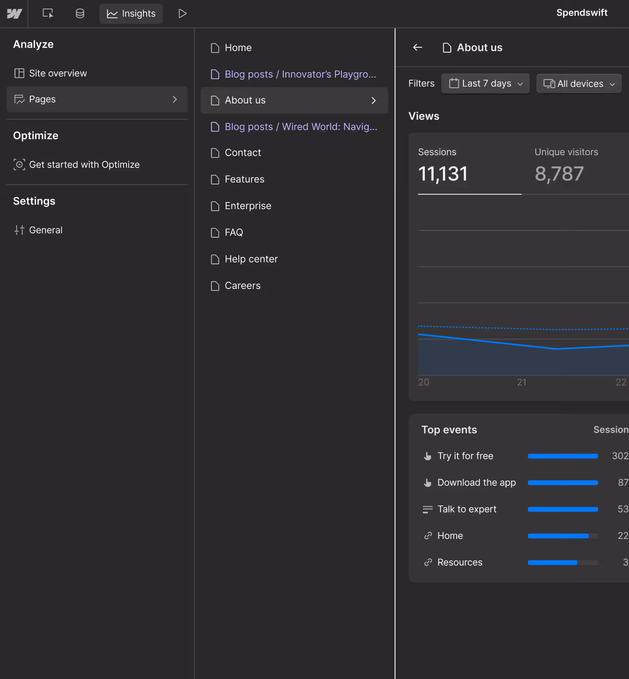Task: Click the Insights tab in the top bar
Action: [131, 14]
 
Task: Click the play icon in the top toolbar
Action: [183, 14]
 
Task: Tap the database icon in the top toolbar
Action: [80, 14]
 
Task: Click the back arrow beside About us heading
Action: [418, 47]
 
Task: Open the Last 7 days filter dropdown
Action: [485, 84]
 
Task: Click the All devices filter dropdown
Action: [579, 84]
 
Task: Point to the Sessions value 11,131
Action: [443, 174]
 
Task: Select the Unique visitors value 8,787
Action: [559, 174]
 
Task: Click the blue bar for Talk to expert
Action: [563, 510]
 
